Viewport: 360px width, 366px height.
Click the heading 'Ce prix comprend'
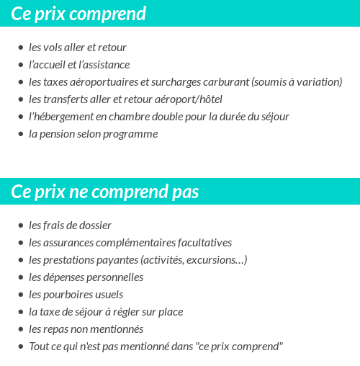pos(78,14)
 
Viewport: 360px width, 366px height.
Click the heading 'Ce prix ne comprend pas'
pos(105,192)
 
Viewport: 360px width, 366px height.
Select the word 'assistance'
pos(105,65)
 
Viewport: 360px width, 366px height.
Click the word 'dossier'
pos(96,226)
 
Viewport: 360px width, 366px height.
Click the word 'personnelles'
pos(115,277)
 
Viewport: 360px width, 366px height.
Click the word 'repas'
pos(58,329)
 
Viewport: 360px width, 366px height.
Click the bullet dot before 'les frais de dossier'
pos(20,226)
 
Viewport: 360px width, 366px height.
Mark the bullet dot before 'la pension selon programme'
pos(20,134)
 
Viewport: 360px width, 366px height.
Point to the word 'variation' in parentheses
pos(317,82)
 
